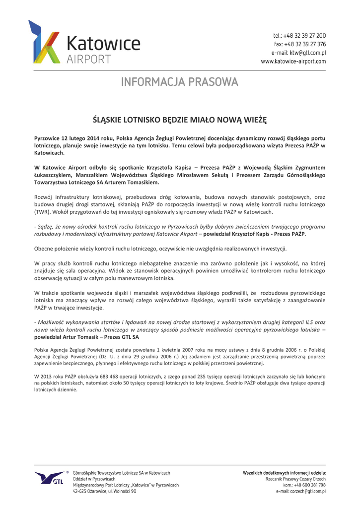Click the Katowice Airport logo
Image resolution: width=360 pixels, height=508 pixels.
pyautogui.click(x=83, y=43)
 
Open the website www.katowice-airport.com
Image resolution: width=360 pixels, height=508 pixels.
pyautogui.click(x=293, y=62)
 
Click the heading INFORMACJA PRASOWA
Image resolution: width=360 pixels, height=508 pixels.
pyautogui.click(x=180, y=81)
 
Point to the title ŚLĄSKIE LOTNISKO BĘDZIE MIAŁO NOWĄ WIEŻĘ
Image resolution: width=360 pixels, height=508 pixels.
pyautogui.click(x=180, y=120)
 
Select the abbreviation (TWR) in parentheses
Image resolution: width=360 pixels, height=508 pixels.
pyautogui.click(x=42, y=212)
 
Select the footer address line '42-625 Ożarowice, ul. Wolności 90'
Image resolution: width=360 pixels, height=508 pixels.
pyautogui.click(x=105, y=491)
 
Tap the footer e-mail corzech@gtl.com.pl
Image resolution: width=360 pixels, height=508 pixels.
pyautogui.click(x=301, y=491)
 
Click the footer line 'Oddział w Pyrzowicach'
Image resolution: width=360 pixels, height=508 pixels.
pyautogui.click(x=94, y=479)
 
